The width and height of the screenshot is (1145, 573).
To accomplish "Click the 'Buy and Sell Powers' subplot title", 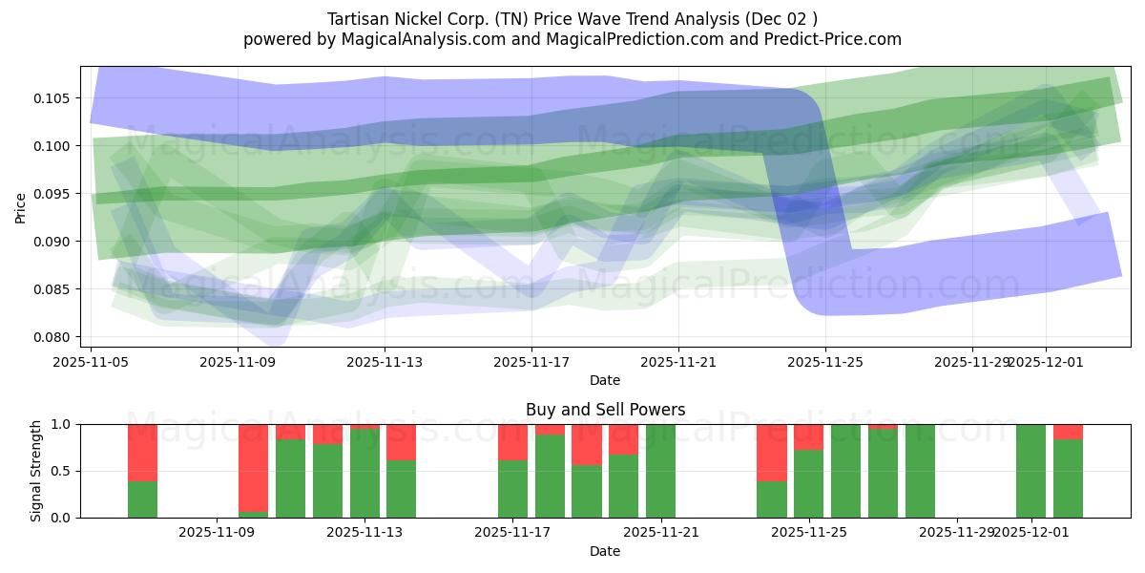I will coord(605,410).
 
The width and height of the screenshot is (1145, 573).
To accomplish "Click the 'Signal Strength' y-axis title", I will coord(36,471).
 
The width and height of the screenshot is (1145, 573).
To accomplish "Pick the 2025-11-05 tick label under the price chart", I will coord(92,362).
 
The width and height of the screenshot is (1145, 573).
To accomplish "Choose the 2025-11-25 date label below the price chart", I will coord(825,362).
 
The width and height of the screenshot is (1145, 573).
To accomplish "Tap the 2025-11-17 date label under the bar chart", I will coord(513,532).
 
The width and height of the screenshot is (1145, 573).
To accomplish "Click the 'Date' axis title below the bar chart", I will coord(605,551).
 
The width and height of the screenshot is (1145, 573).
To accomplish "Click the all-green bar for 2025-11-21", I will coord(660,471).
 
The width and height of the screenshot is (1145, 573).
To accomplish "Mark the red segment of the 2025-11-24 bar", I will coord(771,453).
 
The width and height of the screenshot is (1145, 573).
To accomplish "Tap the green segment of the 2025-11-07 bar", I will coord(142,499).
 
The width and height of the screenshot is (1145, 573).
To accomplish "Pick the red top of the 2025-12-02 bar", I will coord(1068,432).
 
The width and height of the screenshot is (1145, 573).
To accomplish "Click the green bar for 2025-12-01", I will coord(1030,471).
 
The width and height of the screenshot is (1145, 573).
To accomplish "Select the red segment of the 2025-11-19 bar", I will coord(587,445).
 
